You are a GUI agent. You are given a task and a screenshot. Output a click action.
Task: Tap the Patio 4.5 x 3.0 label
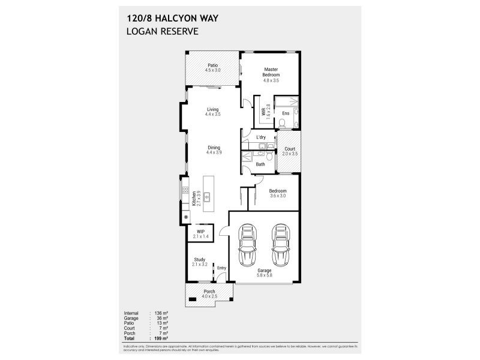[x=212, y=68]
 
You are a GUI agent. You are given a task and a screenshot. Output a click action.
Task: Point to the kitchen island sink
[x=207, y=196]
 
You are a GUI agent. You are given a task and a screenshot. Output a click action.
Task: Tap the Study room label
[x=199, y=262]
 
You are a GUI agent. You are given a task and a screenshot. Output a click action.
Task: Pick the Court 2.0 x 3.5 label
[x=289, y=151]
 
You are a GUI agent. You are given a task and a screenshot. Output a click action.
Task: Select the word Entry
[x=221, y=268]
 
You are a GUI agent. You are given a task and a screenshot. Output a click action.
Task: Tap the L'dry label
[x=260, y=137]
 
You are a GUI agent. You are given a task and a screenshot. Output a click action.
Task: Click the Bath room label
[x=260, y=164]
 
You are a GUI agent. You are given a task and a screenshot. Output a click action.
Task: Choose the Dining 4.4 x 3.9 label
[x=214, y=150]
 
